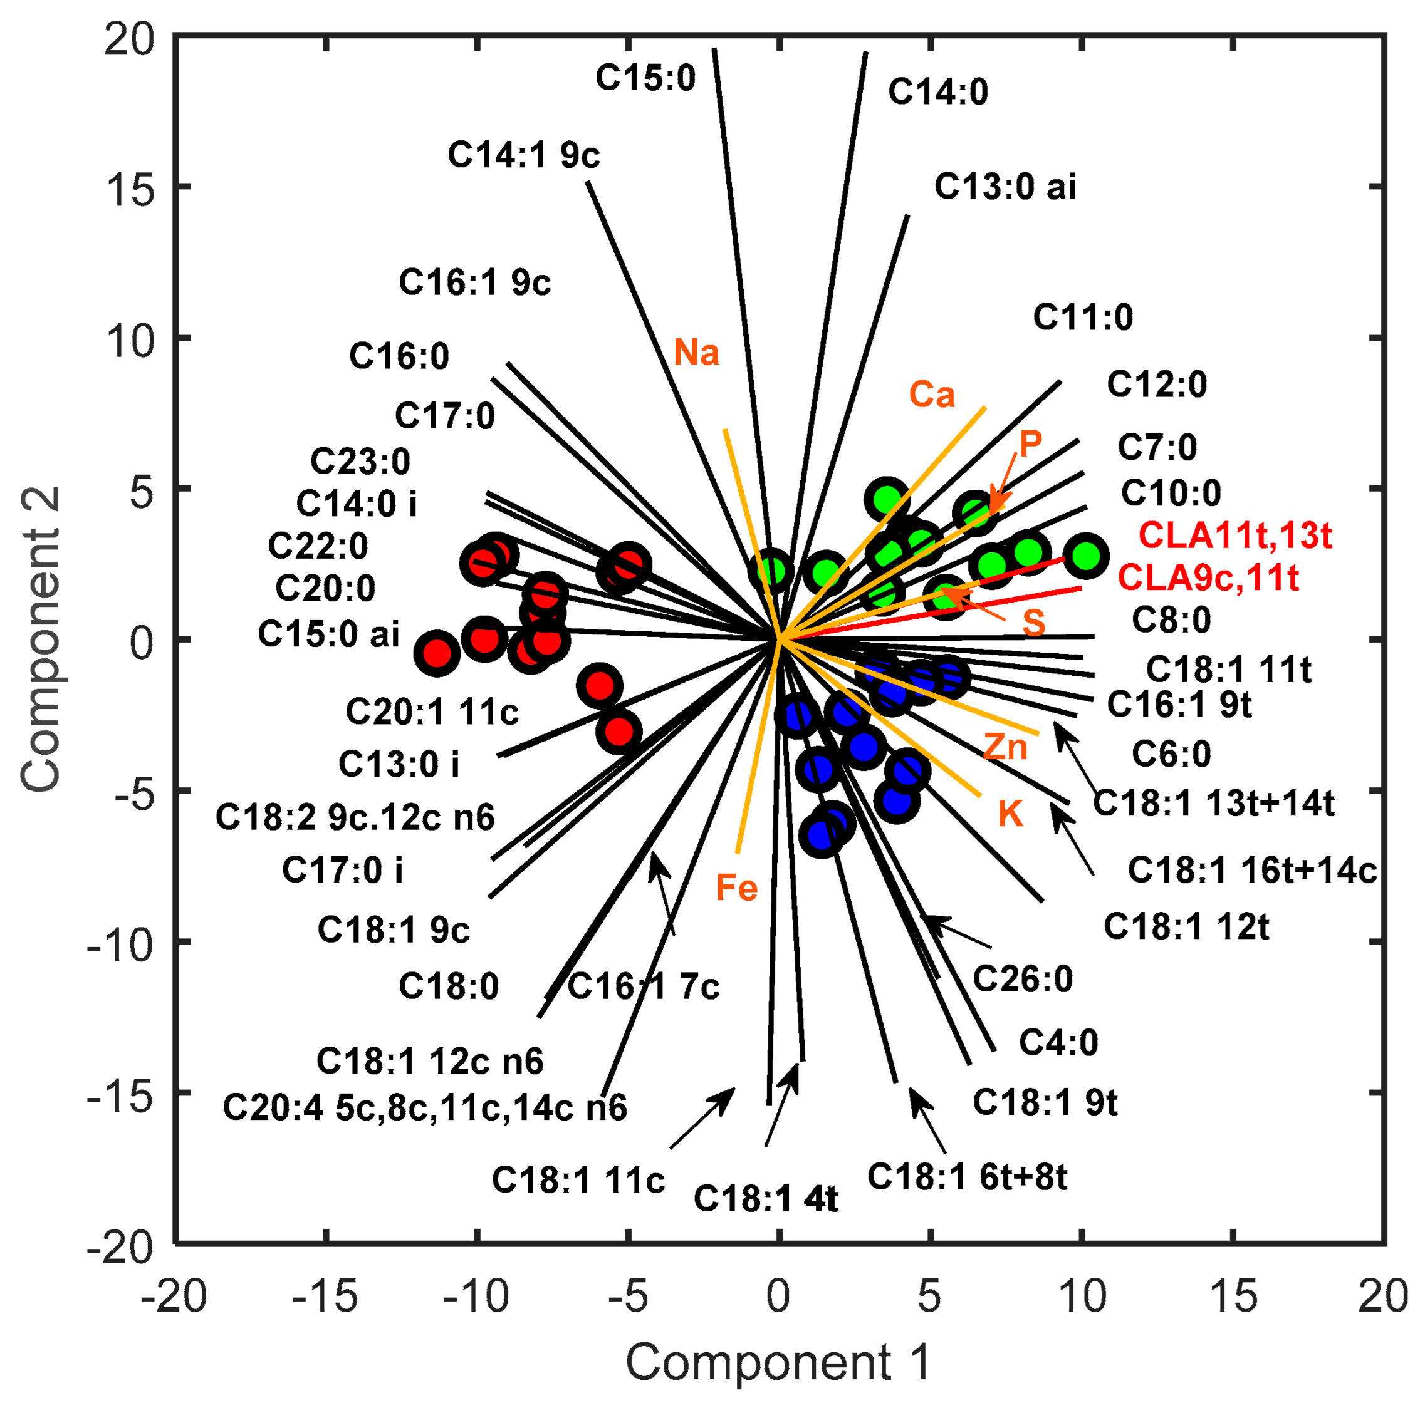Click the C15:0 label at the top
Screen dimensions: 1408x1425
(645, 78)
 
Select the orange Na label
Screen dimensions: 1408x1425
(696, 353)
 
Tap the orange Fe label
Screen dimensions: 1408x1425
(737, 888)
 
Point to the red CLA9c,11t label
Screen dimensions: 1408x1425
(1208, 578)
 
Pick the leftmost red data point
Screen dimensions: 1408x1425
(437, 653)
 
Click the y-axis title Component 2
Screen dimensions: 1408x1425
(41, 640)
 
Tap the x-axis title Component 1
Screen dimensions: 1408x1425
(778, 1362)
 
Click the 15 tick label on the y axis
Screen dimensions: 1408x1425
(130, 189)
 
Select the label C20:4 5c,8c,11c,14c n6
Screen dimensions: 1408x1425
(425, 1108)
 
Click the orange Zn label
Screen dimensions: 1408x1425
(1005, 747)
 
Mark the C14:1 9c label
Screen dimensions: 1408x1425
(524, 155)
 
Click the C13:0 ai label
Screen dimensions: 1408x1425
(1005, 187)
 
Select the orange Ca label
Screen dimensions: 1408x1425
(932, 395)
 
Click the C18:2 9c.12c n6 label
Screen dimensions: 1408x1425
(355, 817)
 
